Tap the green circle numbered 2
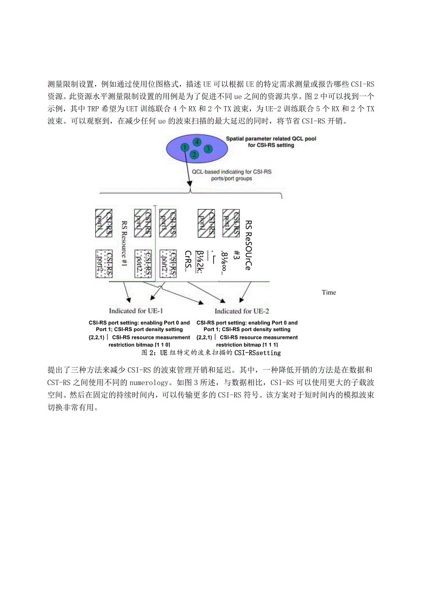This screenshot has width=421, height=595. [x=194, y=155]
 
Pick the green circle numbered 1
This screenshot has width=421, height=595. [x=184, y=147]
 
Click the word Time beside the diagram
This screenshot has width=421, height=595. [x=329, y=293]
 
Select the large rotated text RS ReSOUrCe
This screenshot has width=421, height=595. [x=248, y=245]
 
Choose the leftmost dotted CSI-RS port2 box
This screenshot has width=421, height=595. [x=103, y=263]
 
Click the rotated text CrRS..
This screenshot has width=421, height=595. [x=187, y=261]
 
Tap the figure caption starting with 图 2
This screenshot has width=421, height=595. [x=211, y=353]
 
